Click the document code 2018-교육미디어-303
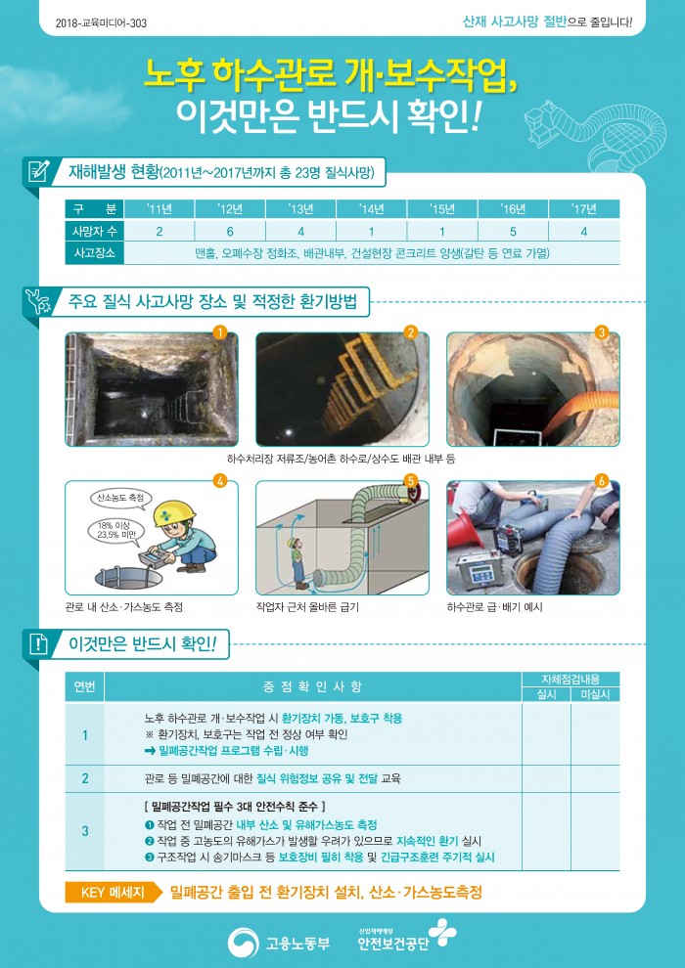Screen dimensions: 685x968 coord(101,23)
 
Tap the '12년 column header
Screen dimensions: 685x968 coord(230,209)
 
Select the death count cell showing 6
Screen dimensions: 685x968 coord(230,232)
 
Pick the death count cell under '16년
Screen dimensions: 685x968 coord(514,232)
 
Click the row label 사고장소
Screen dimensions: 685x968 coord(94,253)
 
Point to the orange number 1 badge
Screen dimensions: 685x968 coord(219,333)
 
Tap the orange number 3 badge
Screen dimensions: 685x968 coord(602,333)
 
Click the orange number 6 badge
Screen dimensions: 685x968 coord(602,481)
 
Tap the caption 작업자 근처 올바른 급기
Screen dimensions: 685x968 coord(307,607)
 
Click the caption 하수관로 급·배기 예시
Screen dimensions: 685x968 coord(495,607)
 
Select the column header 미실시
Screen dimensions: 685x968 coord(595,694)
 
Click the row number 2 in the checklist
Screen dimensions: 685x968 coord(85,778)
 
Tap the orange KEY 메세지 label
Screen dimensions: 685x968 coord(113,892)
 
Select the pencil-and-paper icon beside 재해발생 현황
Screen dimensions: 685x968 coord(38,171)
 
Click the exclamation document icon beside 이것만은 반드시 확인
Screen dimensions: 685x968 coord(38,644)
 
